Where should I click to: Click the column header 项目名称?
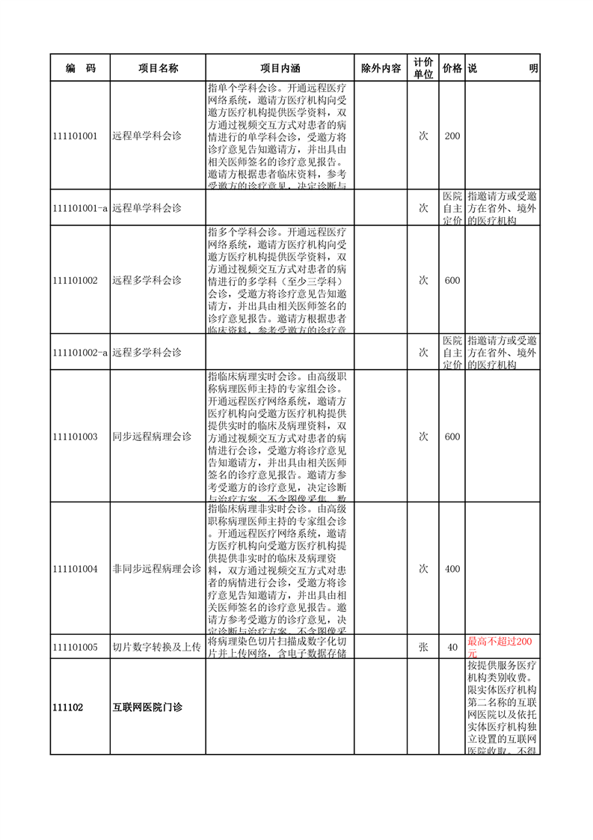click(158, 68)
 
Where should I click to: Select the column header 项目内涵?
click(279, 68)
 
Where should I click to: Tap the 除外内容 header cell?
click(381, 68)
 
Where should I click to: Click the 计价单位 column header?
click(423, 68)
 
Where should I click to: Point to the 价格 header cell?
click(452, 68)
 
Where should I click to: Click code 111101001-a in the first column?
click(81, 207)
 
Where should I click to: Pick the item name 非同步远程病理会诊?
click(157, 569)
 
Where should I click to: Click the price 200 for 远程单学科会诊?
click(452, 136)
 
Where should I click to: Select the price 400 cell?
click(452, 569)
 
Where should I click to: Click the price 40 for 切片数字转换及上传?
click(452, 648)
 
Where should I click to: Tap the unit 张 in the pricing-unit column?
click(423, 648)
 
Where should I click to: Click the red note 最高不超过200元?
click(500, 648)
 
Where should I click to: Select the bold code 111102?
click(68, 707)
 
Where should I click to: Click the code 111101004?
click(76, 569)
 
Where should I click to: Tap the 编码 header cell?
click(80, 68)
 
